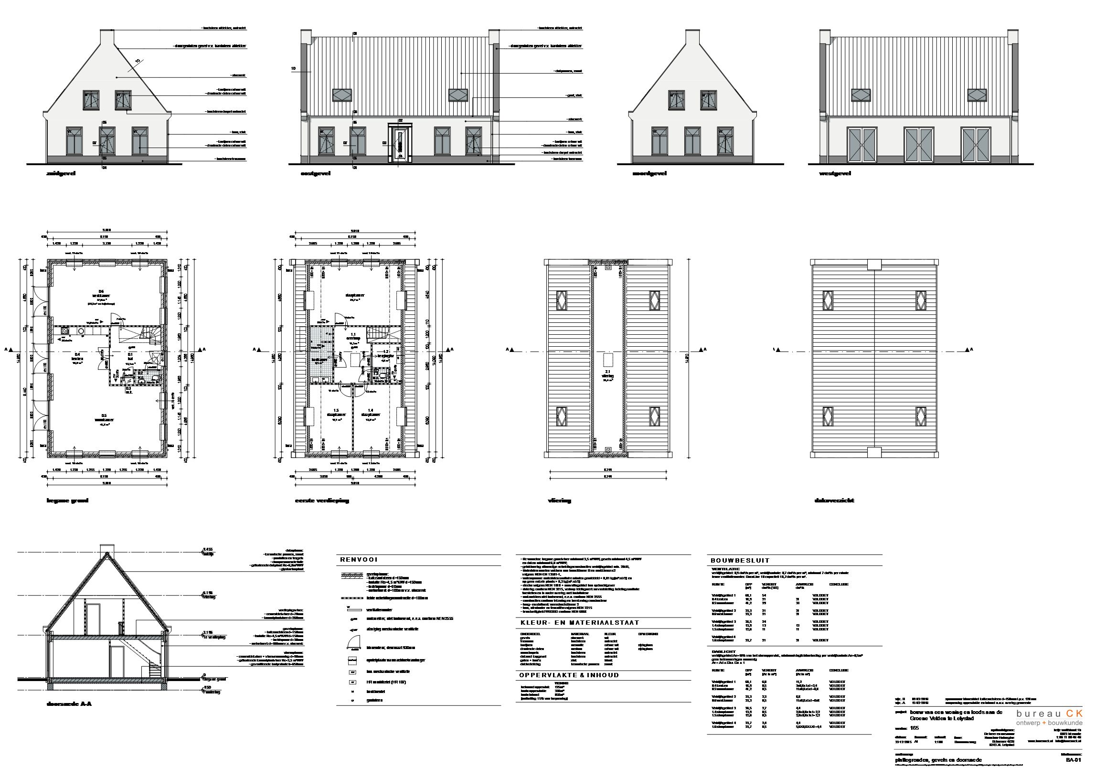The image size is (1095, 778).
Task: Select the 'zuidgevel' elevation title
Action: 60,173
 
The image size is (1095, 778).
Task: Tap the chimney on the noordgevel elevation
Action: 692,38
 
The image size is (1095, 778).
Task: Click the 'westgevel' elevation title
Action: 835,173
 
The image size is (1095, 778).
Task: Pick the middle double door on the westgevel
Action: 919,145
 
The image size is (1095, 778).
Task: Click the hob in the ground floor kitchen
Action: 64,331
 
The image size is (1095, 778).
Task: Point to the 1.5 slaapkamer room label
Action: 336,413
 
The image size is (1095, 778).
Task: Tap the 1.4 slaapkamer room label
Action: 371,413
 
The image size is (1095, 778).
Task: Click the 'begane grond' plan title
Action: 67,501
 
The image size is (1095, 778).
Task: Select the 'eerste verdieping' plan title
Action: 322,501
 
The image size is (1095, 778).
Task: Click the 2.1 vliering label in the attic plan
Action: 607,374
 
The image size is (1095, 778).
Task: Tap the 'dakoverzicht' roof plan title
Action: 834,501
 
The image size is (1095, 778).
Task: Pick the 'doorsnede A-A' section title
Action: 69,704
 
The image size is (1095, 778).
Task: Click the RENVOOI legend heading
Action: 359,560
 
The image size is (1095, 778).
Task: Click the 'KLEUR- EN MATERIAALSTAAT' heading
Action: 580,623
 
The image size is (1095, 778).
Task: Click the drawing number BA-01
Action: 1073,760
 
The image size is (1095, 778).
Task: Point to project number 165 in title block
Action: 914,728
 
